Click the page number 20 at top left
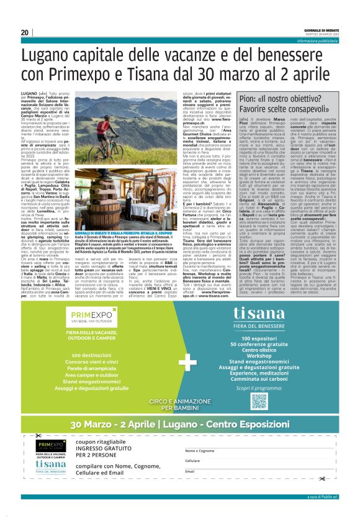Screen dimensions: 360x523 pos(25,32)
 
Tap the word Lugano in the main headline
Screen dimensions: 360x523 pos(65,57)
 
